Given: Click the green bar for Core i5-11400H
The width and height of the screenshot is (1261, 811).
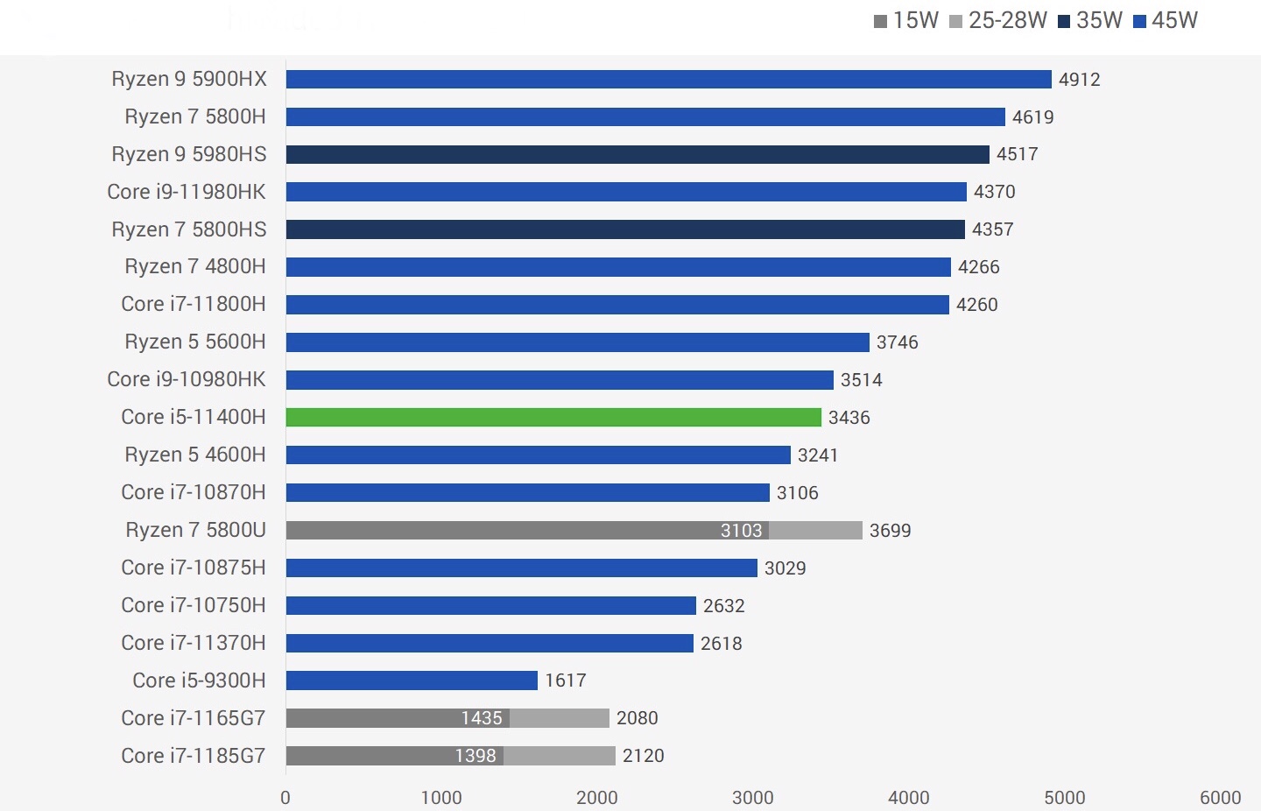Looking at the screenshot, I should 553,417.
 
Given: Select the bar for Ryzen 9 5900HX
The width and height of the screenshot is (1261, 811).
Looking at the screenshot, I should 668,80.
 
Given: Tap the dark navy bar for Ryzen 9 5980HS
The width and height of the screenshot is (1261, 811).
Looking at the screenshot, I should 638,154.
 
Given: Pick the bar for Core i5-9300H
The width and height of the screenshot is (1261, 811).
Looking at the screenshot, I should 412,681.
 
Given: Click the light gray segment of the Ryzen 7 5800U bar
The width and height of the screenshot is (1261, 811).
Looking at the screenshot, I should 815,530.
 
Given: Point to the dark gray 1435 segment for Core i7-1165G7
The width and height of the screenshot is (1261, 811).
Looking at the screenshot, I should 398,718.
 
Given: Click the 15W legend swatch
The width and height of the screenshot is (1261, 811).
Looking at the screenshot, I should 880,21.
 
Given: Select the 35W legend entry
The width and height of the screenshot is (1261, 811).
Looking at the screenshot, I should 1089,21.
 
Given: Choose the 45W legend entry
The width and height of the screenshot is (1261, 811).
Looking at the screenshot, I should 1165,21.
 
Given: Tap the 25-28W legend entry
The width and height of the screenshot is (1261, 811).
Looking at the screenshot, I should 997,21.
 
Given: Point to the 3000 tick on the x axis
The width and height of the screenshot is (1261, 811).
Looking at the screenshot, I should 753,797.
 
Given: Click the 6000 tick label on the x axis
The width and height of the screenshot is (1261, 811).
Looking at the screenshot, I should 1220,797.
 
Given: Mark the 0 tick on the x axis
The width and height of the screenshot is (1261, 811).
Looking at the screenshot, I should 285,797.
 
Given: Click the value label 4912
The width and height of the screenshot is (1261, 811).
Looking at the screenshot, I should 1079,80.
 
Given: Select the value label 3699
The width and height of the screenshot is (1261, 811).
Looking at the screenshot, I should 890,531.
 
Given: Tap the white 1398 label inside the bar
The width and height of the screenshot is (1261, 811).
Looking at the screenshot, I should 476,756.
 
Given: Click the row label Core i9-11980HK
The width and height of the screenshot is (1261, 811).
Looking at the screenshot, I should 187,192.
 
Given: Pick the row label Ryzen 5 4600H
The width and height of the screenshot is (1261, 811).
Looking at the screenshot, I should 195,455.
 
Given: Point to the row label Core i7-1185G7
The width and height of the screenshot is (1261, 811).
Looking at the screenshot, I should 194,756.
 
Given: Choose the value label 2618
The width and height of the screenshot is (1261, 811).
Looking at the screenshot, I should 721,644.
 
